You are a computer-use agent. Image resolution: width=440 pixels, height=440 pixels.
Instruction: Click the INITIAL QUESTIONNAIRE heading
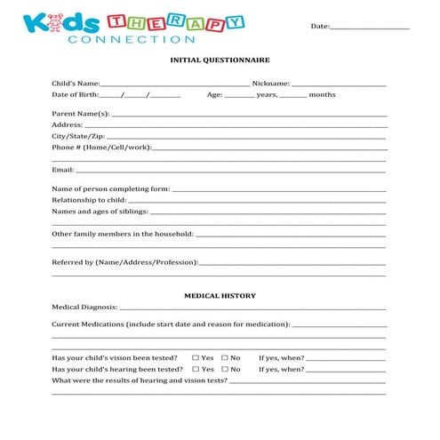220,60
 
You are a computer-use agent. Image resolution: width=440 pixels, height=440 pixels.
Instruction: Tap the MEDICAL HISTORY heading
220,295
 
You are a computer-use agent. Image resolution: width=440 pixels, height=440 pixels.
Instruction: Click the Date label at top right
319,27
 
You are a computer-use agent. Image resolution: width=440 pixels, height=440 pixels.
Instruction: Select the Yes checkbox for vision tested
196,357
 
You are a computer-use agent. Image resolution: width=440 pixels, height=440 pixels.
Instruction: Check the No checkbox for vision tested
225,357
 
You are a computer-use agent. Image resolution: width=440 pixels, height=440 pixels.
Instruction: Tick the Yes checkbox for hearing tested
196,369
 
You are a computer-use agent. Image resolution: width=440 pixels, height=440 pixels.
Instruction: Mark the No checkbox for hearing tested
225,369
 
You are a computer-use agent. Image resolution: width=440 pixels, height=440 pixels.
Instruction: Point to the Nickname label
271,84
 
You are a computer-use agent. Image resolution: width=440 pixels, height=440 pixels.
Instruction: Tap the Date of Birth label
75,94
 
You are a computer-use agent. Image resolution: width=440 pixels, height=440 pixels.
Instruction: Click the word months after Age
322,94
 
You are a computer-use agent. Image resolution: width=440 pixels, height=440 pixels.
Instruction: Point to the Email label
62,169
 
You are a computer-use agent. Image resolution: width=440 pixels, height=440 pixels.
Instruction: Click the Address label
67,125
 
